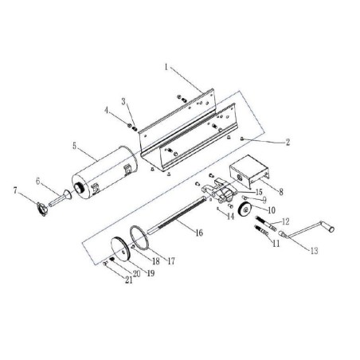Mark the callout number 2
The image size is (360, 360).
tap(284, 141)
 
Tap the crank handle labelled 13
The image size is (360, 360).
tap(299, 234)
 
